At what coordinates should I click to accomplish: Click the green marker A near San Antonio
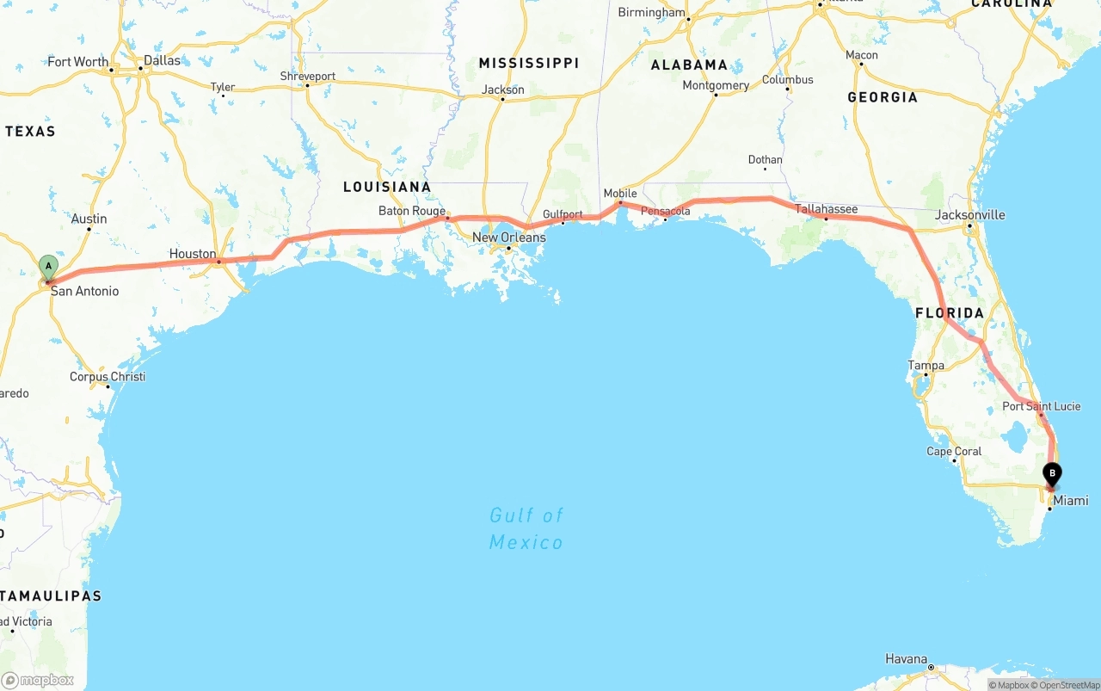point(48,266)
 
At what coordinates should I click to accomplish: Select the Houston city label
point(193,254)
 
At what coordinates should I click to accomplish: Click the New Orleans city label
point(508,238)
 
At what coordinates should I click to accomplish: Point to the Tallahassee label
point(826,209)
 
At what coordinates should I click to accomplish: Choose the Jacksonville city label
point(969,215)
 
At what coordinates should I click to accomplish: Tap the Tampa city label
point(926,366)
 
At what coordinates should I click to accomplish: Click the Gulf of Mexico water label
point(526,528)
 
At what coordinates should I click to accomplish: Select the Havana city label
point(906,659)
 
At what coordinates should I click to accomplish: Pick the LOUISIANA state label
point(386,187)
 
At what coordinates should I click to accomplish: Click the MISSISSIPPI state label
point(528,63)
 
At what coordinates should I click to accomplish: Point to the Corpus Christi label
point(108,377)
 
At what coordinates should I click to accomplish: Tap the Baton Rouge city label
point(412,211)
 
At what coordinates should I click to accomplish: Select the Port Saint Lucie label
point(1041,406)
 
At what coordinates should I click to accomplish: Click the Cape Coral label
point(953,451)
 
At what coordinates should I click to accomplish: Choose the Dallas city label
point(162,60)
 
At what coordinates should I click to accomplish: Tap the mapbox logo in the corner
point(38,680)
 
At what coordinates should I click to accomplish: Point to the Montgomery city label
point(715,85)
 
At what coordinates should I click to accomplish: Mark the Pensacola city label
point(665,211)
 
